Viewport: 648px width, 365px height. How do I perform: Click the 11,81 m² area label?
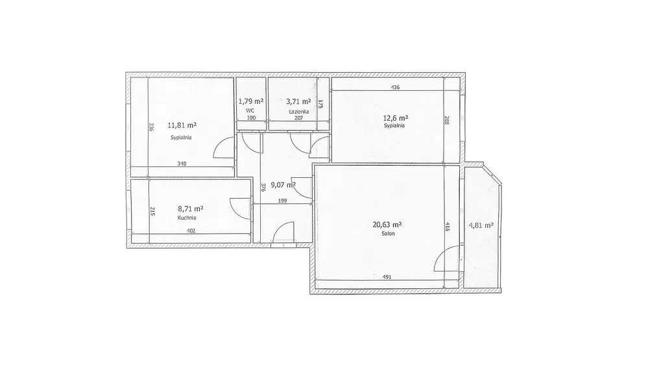182,125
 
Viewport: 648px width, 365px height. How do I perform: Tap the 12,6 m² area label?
395,118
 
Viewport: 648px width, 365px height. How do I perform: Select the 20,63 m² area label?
387,225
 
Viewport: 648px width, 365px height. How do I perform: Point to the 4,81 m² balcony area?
481,225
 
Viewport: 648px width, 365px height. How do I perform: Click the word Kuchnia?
187,218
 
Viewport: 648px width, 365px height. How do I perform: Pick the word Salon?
388,233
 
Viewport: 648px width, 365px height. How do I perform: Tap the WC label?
250,110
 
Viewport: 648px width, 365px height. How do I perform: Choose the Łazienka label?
298,111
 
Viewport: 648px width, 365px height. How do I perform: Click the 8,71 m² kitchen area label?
190,209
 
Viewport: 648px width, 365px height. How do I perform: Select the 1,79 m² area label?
251,101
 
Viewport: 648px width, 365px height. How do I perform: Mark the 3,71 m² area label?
298,101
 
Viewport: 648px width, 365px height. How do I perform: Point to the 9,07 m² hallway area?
283,185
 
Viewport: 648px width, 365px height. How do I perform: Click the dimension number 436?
396,87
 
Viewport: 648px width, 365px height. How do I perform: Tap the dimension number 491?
387,277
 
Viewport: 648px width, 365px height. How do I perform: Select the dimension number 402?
191,231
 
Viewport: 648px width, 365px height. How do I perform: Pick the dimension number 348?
182,164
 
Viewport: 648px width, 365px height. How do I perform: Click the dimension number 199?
283,201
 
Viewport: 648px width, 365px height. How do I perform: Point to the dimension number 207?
299,118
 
